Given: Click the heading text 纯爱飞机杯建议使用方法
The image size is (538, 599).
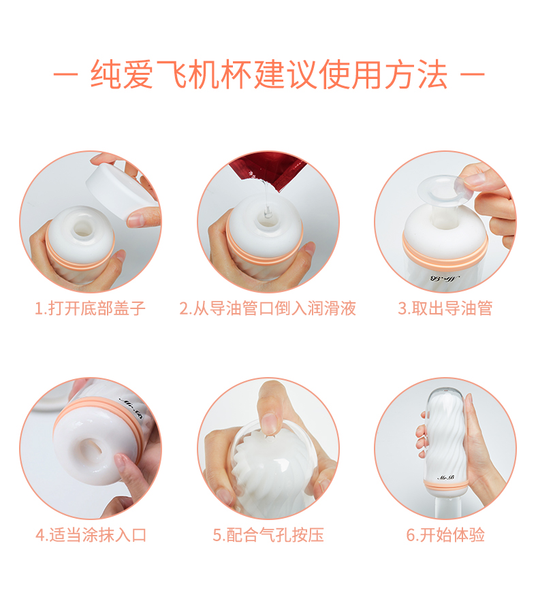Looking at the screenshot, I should (x=269, y=74).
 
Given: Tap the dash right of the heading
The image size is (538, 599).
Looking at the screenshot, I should (x=472, y=74).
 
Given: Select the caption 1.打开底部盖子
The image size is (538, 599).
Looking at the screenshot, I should (x=91, y=308).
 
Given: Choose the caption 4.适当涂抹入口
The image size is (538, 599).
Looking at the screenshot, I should (x=91, y=534).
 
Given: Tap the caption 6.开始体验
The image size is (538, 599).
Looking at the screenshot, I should (x=445, y=534).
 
